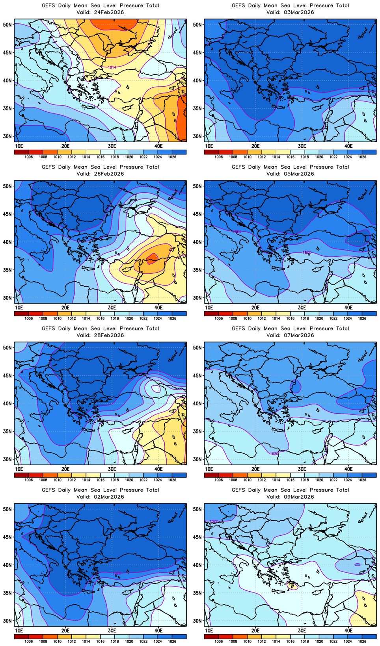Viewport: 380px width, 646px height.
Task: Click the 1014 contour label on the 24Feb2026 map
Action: [112, 67]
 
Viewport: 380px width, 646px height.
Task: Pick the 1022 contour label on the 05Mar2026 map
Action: [306, 252]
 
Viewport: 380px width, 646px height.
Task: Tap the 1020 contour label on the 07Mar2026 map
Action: [274, 454]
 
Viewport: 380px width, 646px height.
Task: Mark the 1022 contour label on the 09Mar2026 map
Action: [213, 521]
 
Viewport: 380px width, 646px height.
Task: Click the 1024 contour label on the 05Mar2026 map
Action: [237, 232]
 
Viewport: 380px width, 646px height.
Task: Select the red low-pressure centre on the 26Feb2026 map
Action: [152, 259]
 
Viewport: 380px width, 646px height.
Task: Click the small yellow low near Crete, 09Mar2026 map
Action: [292, 585]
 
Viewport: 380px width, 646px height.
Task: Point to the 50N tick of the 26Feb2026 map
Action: [7, 186]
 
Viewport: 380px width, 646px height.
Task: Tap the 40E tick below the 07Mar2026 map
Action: [348, 469]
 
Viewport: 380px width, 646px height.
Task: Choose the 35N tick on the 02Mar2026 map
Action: [7, 593]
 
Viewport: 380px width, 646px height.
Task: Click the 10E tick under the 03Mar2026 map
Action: [209, 146]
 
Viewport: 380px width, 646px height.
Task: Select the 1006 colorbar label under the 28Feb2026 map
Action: [28, 480]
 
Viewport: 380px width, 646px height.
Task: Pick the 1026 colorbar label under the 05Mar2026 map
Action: [362, 318]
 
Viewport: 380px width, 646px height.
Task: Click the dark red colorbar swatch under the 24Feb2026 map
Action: [21, 152]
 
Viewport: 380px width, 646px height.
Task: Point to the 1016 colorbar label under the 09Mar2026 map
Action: [291, 641]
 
